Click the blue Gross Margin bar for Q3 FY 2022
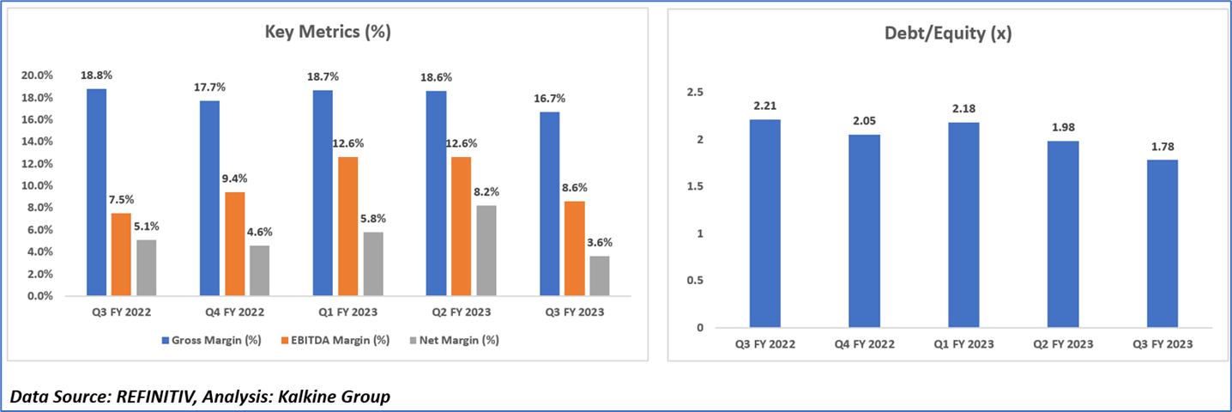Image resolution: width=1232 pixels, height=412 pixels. pos(97,192)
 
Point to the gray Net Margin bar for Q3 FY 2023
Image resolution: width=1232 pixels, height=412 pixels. pos(598,276)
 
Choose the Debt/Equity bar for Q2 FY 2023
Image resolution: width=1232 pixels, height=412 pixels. pos(1063,234)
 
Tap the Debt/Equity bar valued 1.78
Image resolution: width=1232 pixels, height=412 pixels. pos(1163,244)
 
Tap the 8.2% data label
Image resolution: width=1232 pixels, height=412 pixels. pos(485,192)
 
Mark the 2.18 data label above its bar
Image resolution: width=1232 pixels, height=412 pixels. pos(963,109)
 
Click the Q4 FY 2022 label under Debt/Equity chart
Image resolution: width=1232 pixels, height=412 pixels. pos(864,344)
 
